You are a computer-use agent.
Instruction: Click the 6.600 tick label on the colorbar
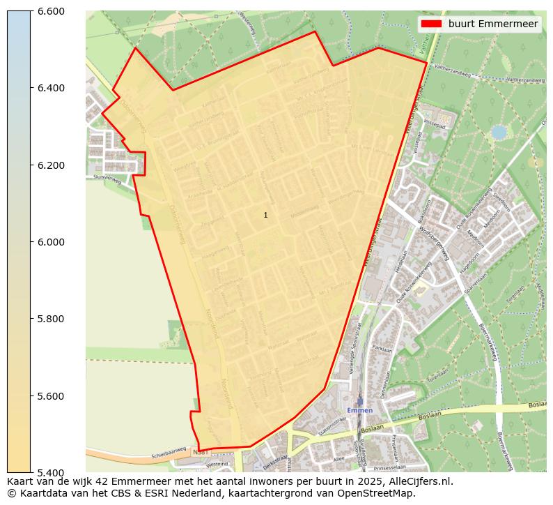[50, 11]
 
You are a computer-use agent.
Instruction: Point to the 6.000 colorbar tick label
[50, 242]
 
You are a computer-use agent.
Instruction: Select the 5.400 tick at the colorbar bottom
[50, 473]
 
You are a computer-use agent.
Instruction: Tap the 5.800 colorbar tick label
[50, 319]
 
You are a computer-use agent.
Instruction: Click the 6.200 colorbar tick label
[50, 165]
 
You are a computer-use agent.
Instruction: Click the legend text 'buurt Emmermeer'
[493, 24]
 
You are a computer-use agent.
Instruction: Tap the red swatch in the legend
[432, 24]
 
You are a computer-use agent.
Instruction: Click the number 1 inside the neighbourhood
[265, 215]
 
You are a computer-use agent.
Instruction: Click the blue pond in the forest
[499, 132]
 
